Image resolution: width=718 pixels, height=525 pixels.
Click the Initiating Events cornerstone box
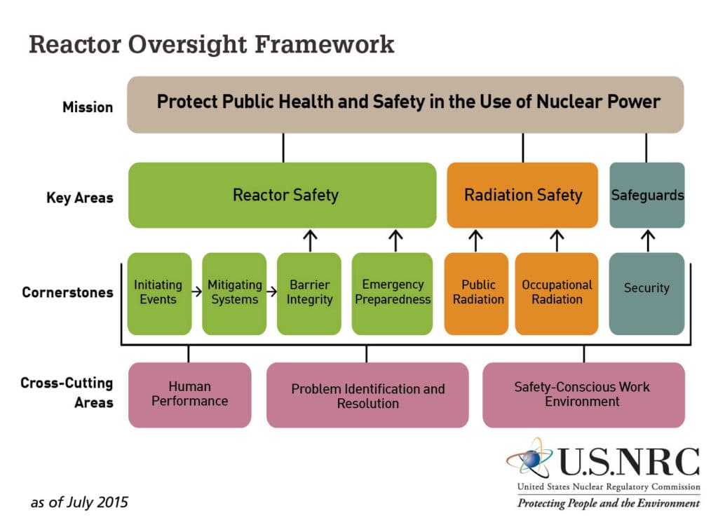159,293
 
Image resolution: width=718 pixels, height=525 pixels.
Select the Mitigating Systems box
234,293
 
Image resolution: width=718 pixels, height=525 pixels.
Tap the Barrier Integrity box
309,293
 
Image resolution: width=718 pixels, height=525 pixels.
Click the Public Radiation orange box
477,293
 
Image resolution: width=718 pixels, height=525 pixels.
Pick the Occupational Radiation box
557,293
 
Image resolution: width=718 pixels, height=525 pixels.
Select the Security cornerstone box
646,293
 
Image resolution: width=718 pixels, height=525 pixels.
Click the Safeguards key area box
646,195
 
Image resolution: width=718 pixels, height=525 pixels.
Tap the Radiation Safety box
522,195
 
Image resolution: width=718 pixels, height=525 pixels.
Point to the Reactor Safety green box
283,195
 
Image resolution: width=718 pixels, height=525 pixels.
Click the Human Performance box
189,395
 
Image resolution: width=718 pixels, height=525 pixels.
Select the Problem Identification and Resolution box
367,395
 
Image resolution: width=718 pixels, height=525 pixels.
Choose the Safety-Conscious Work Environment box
583,395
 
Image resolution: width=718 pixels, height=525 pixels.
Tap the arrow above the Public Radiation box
476,240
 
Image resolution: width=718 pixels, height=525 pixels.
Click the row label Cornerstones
67,292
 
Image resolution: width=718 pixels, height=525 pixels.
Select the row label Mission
88,107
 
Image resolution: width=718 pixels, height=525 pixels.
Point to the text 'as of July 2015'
79,503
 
